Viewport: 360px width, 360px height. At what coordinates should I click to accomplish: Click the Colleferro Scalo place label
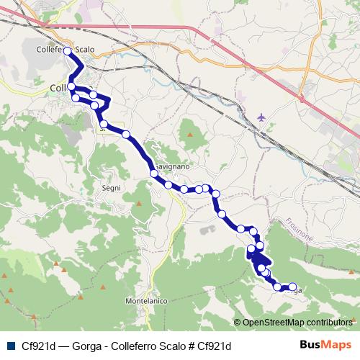point(65,50)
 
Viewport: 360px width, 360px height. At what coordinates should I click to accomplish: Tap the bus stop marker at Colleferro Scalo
point(68,50)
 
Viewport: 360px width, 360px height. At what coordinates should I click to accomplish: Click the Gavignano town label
point(173,166)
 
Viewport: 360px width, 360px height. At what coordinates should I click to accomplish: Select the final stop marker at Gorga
point(292,286)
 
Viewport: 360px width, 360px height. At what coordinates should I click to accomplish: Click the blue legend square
point(8,346)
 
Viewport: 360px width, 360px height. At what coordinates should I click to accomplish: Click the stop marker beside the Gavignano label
point(153,173)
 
